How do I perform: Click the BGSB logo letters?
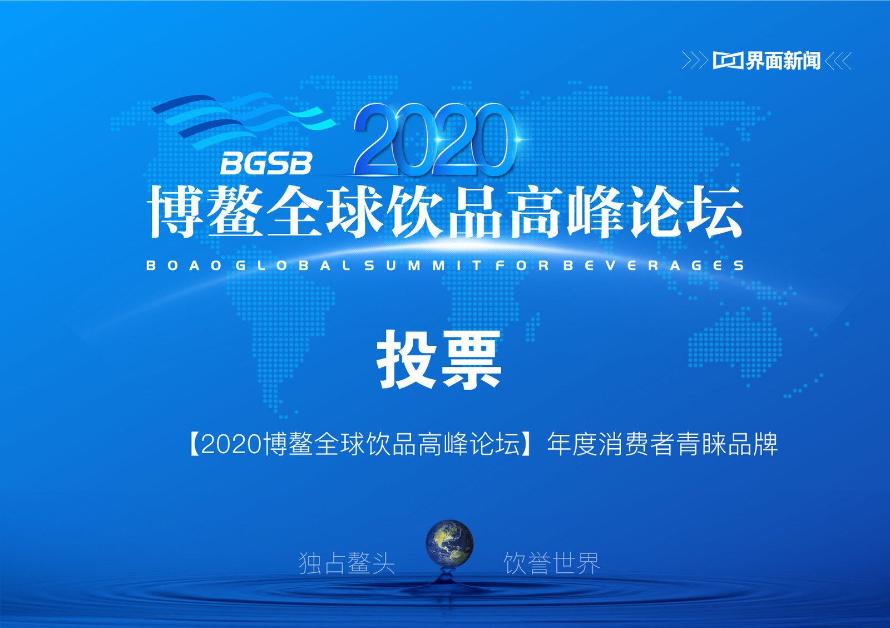[266, 163]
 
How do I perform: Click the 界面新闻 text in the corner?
[782, 61]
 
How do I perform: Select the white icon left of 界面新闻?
[728, 61]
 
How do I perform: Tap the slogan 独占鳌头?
[347, 563]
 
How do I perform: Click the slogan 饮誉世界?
[552, 563]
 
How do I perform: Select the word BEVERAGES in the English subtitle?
[653, 265]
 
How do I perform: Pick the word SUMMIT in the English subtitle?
[423, 265]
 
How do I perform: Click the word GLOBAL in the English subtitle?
[293, 265]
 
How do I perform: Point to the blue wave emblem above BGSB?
[243, 119]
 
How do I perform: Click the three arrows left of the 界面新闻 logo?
[695, 61]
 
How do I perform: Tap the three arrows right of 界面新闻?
[838, 61]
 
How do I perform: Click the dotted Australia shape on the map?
[735, 342]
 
